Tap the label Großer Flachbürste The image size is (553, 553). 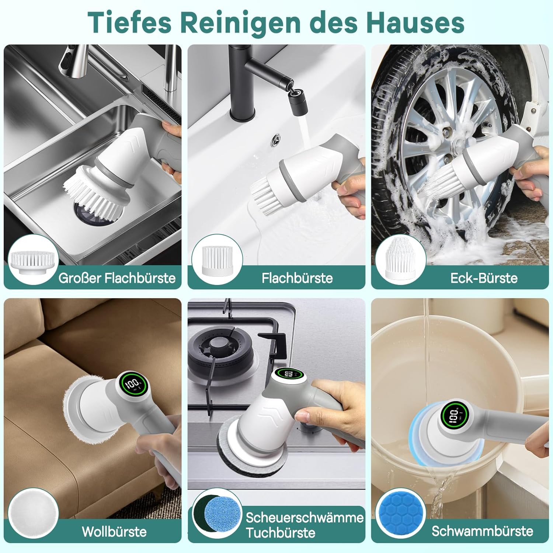click(x=117, y=278)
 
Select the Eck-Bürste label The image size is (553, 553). click(x=484, y=278)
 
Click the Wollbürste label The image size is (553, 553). click(x=114, y=531)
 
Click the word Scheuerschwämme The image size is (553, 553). click(x=305, y=517)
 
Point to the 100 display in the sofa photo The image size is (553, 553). click(x=133, y=385)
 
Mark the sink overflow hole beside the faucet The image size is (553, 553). click(x=275, y=140)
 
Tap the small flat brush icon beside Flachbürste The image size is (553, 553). click(x=217, y=260)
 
